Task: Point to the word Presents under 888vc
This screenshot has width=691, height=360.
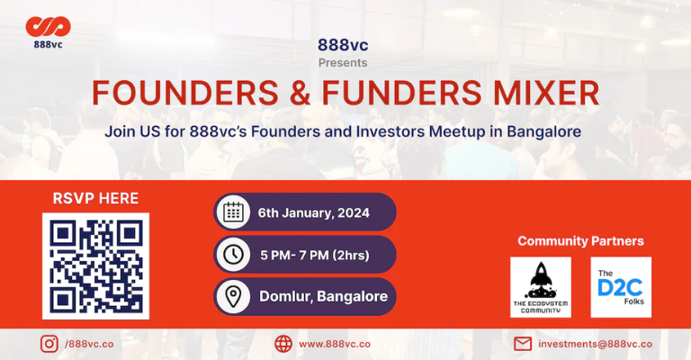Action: (343, 63)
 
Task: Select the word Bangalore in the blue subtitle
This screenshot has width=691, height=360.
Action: (536, 131)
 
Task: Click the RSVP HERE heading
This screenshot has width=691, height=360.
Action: (95, 198)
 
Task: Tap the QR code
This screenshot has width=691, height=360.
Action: (95, 265)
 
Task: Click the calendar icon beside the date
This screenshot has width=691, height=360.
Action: (234, 212)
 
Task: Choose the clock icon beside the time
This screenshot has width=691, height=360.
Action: (234, 255)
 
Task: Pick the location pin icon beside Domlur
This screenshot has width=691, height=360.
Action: (234, 296)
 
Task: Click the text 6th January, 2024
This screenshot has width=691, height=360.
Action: (313, 213)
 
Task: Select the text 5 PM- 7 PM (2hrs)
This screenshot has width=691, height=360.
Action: (315, 255)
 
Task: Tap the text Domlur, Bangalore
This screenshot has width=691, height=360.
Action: (324, 296)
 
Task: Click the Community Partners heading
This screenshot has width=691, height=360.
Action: (580, 241)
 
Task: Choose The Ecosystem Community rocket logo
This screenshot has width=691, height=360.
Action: (540, 287)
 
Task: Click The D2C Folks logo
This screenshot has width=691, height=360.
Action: (621, 287)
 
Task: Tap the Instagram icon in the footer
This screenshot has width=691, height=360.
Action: (49, 344)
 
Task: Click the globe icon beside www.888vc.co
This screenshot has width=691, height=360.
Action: (283, 344)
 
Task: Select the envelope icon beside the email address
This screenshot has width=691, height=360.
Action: (522, 344)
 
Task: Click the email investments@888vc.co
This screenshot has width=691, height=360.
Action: (595, 344)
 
